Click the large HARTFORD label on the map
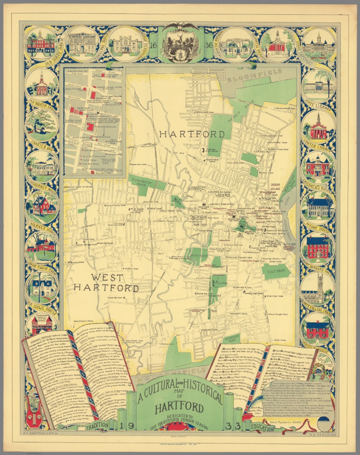click(192, 134)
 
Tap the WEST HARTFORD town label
click(106, 283)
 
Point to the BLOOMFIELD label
click(255, 76)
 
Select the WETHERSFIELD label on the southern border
click(171, 374)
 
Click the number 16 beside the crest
click(153, 46)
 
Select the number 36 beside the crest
click(208, 46)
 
